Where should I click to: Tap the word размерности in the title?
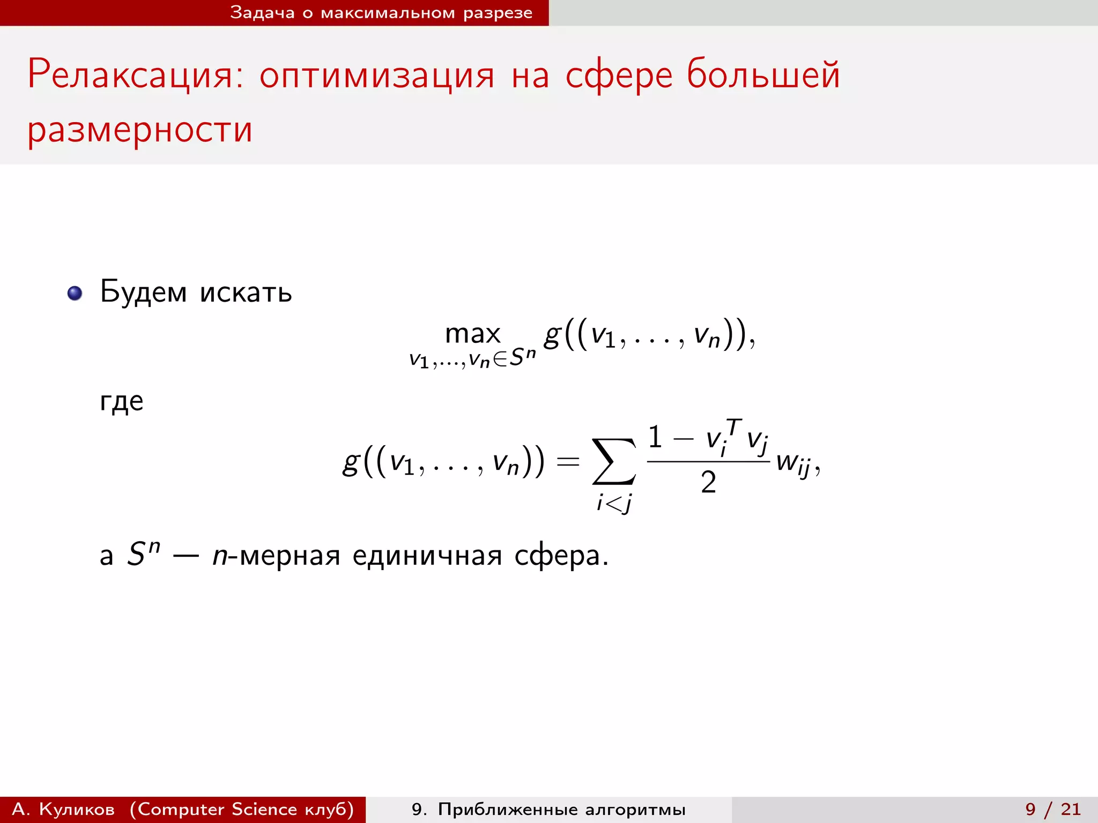[140, 130]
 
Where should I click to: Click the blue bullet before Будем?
[75, 293]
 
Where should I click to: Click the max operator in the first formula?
[472, 334]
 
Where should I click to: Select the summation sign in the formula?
[614, 461]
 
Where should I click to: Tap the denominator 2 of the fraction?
[708, 482]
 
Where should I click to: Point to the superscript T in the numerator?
[734, 428]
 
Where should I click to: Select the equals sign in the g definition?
[568, 461]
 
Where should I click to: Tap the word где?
[122, 401]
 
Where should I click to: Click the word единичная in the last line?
[427, 556]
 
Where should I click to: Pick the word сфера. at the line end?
[561, 556]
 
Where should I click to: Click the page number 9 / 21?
[1053, 809]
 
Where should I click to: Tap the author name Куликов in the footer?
[77, 809]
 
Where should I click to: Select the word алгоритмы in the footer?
[635, 809]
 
